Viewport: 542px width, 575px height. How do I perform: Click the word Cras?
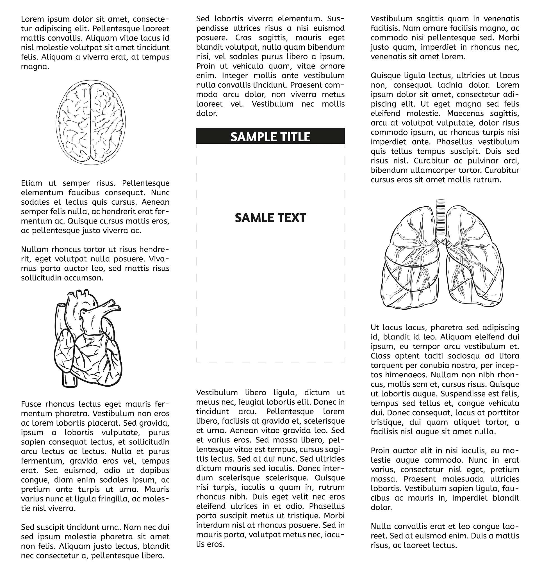(x=243, y=38)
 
